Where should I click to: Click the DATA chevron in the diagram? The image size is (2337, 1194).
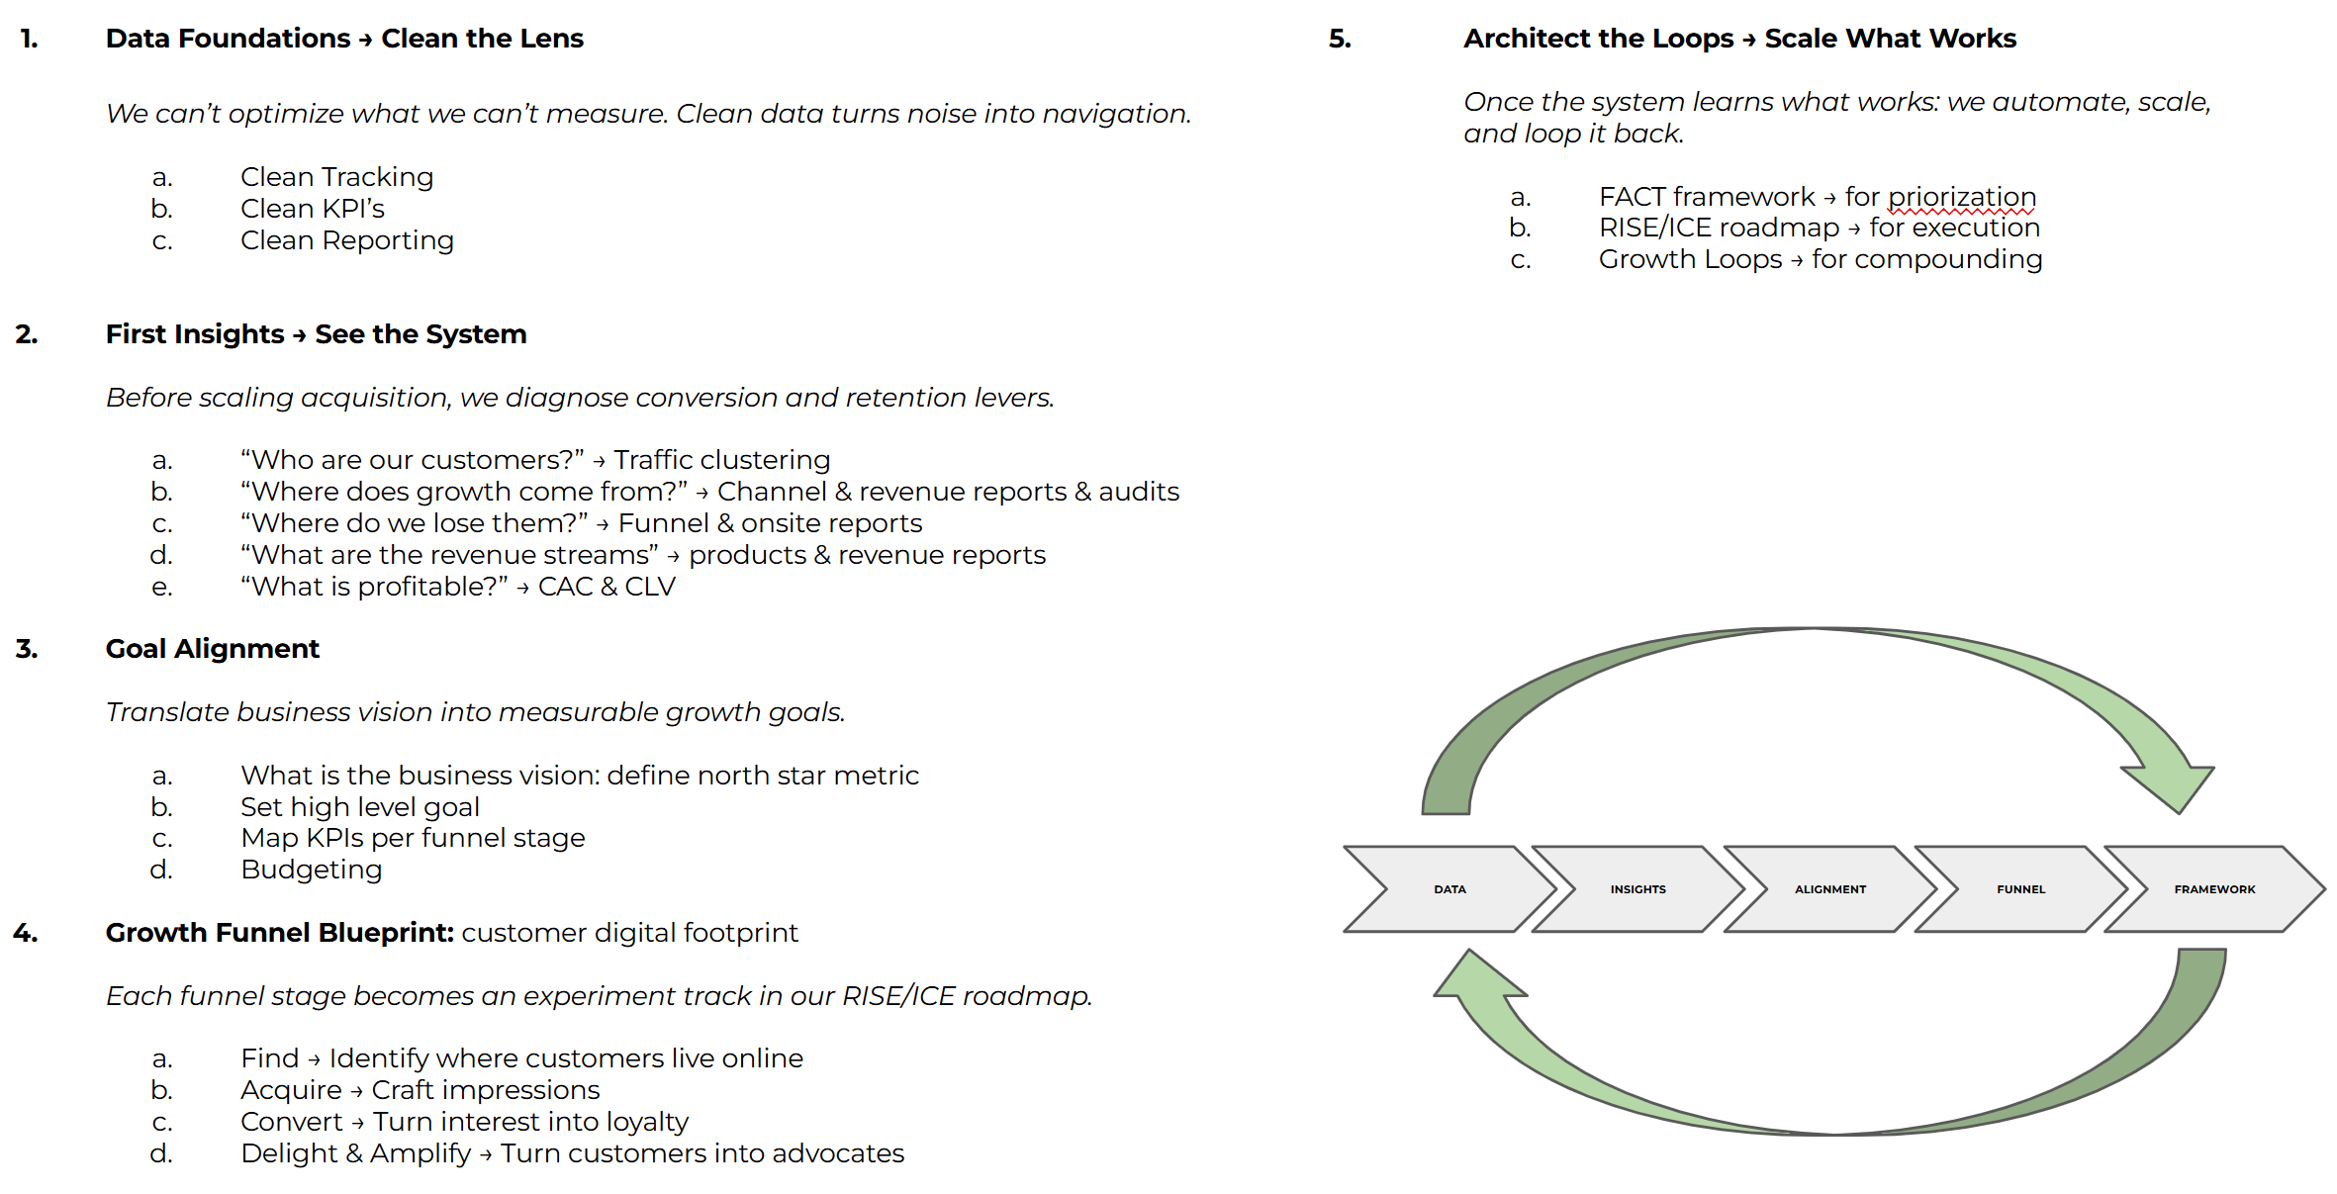1449,889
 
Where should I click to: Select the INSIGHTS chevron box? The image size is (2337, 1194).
1637,889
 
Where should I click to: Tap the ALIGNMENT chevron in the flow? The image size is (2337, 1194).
1830,889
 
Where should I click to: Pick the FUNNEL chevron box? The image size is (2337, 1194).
2020,889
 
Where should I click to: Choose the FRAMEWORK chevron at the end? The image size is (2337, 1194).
2214,889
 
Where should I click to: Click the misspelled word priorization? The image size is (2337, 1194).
1961,197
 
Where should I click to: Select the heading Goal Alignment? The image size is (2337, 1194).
212,649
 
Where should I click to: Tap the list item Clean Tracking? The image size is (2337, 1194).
336,177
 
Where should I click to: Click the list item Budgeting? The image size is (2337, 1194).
311,870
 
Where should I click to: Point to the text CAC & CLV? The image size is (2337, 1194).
607,587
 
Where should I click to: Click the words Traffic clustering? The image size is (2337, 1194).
721,460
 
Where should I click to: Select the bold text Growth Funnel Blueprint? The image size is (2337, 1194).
279,933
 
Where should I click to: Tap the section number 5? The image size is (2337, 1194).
1340,39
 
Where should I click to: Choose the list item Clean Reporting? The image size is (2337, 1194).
346,240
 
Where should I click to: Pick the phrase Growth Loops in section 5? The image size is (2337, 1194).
1690,259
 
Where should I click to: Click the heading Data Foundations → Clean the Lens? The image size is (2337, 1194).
344,39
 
